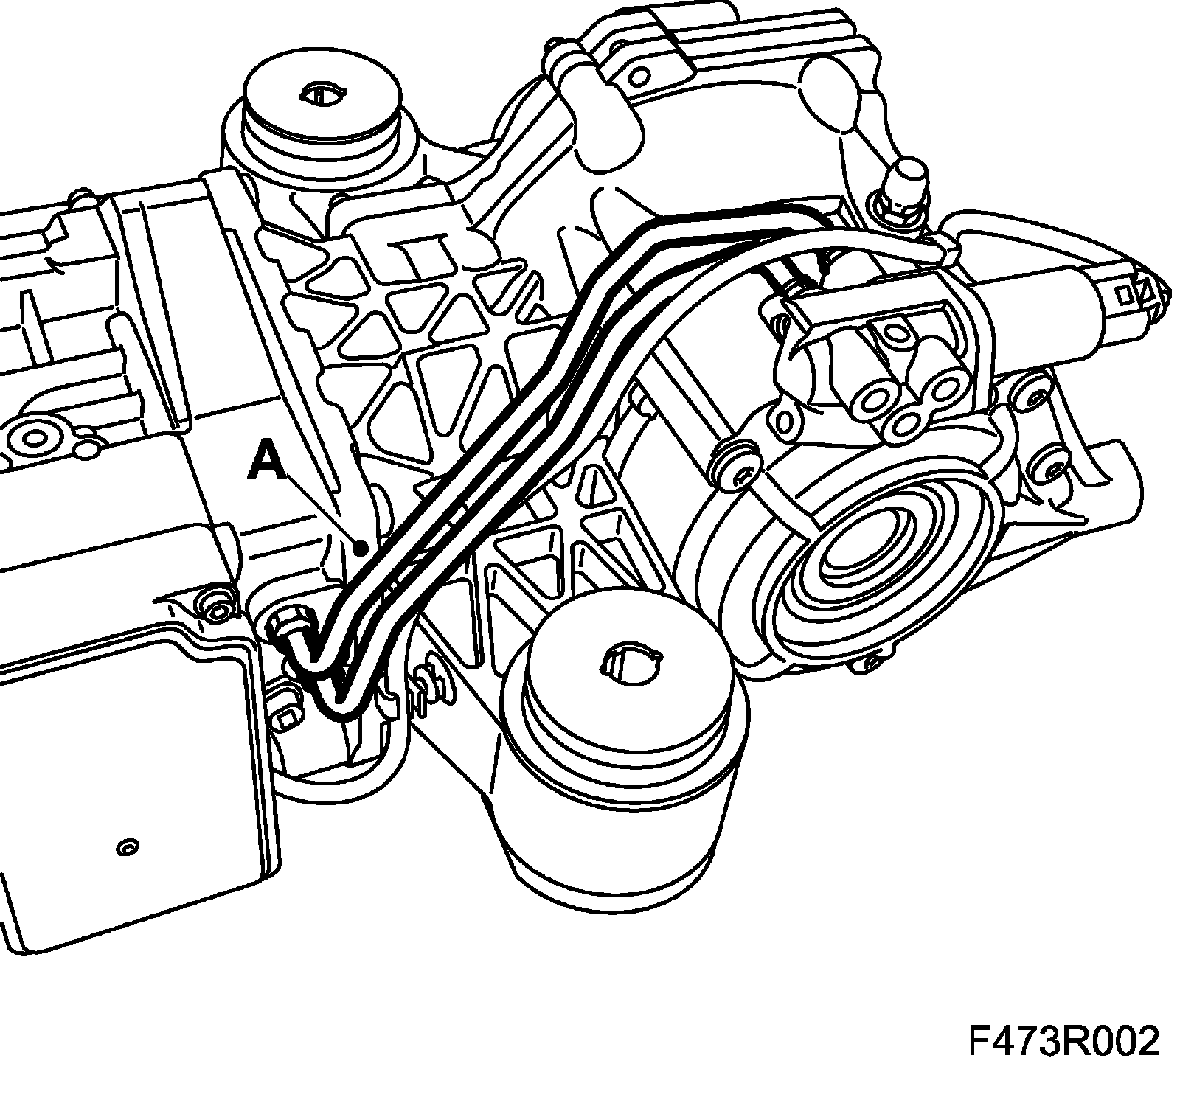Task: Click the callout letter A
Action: [266, 460]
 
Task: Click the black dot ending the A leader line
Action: [361, 548]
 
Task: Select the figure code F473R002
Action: [1063, 1042]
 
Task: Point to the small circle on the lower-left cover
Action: [127, 848]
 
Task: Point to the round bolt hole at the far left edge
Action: [32, 438]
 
